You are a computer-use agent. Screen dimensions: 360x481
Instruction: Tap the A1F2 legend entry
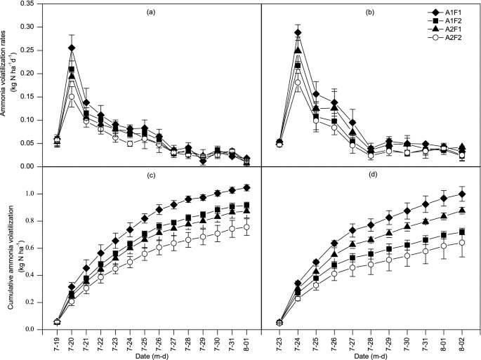(442, 23)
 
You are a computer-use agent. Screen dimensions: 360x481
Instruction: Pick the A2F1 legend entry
(442, 34)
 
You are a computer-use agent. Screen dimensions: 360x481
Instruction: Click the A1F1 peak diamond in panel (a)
(71, 48)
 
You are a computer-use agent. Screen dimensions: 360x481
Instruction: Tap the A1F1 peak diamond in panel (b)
(298, 32)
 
